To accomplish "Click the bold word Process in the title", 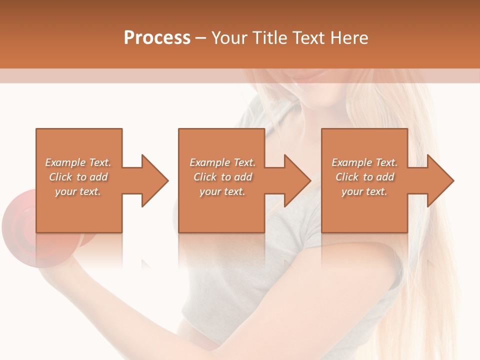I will (x=157, y=38).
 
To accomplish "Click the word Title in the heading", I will (x=270, y=38).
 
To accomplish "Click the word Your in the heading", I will (x=230, y=38).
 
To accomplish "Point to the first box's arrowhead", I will (x=153, y=180).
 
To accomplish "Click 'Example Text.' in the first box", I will (x=78, y=162).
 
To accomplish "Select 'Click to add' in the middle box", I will (x=222, y=177).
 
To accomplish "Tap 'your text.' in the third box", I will (x=364, y=191).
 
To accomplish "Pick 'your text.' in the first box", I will (x=78, y=191).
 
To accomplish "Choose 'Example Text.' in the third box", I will (x=364, y=162).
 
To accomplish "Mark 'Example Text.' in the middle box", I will (x=222, y=162).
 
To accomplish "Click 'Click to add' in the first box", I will (x=78, y=177).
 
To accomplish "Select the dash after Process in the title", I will (x=201, y=38).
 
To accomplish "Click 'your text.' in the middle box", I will (x=222, y=191).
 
